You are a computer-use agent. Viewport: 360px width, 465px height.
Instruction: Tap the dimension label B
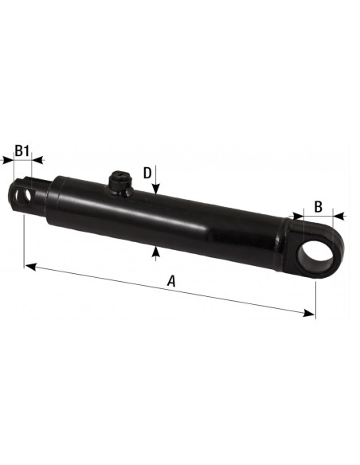point(318,205)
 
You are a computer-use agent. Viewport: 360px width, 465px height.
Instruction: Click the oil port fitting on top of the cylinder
point(119,184)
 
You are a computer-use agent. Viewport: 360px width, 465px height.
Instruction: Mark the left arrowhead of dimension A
point(29,266)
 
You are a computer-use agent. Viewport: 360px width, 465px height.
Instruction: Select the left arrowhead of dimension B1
point(9,160)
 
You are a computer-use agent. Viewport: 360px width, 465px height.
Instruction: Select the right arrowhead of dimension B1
point(39,160)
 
